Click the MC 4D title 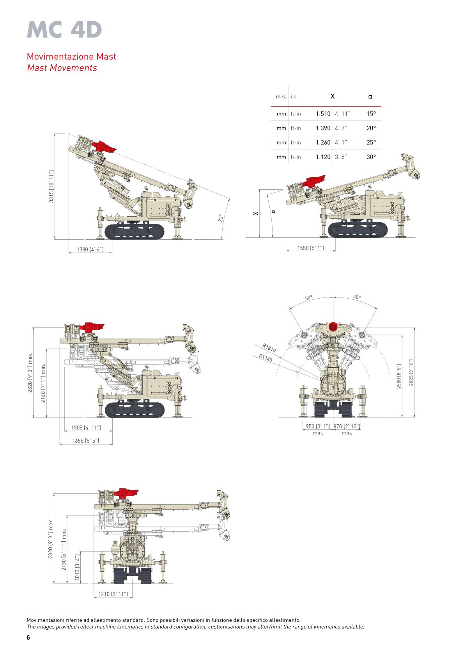pyautogui.click(x=64, y=30)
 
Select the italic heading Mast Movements pyautogui.click(x=62, y=68)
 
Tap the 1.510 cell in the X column pyautogui.click(x=323, y=114)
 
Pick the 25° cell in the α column pyautogui.click(x=371, y=142)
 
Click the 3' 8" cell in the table pyautogui.click(x=341, y=157)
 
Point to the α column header pyautogui.click(x=370, y=96)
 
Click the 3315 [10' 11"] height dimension pyautogui.click(x=51, y=186)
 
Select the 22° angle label pyautogui.click(x=221, y=217)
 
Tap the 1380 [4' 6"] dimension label pyautogui.click(x=90, y=249)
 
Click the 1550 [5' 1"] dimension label pyautogui.click(x=311, y=248)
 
